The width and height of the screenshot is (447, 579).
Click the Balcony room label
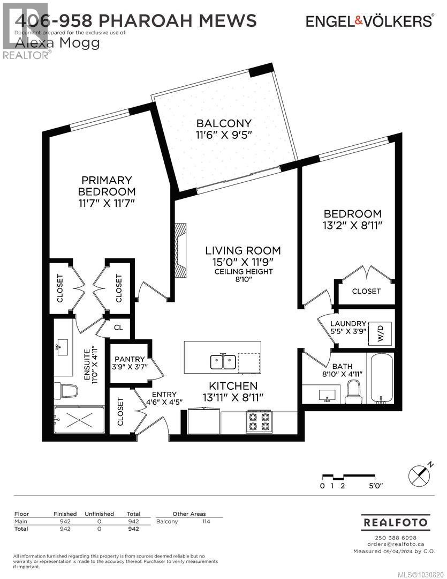(x=224, y=123)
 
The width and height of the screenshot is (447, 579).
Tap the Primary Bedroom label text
(x=107, y=185)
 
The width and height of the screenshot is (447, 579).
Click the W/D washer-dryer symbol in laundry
(x=382, y=333)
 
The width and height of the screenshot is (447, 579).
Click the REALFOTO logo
(x=396, y=522)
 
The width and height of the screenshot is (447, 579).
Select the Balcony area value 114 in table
(x=206, y=521)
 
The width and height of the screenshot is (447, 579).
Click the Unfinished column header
(x=100, y=514)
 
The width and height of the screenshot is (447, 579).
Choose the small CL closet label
(x=118, y=327)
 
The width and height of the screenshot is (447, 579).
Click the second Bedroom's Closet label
(x=366, y=291)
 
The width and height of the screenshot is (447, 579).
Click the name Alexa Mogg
(x=58, y=43)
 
